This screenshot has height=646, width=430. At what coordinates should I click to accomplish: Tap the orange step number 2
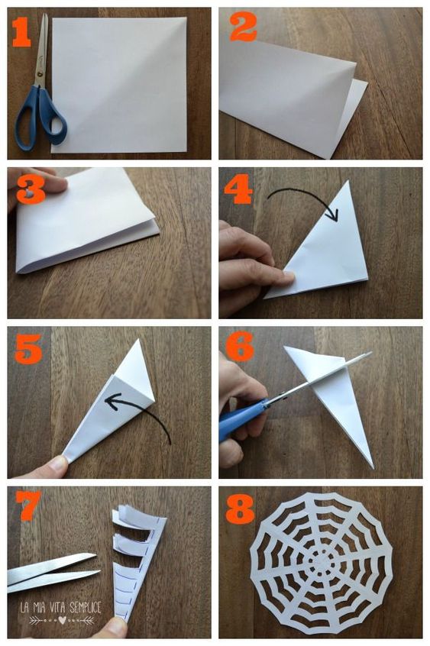[x=243, y=27]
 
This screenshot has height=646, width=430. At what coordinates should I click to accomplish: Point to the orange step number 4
[x=238, y=189]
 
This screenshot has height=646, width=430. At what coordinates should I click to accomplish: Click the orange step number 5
[x=28, y=348]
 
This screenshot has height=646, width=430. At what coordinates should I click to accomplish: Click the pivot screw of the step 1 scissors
[x=40, y=74]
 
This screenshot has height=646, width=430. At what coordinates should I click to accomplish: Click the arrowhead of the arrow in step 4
[x=332, y=215]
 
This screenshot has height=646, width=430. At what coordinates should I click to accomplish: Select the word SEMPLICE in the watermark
[x=85, y=607]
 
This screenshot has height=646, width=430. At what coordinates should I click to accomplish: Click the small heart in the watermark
[x=62, y=620]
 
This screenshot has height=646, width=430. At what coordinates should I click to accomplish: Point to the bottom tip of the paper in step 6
[x=373, y=468]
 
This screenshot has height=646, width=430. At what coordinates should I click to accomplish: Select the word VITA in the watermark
[x=58, y=608]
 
